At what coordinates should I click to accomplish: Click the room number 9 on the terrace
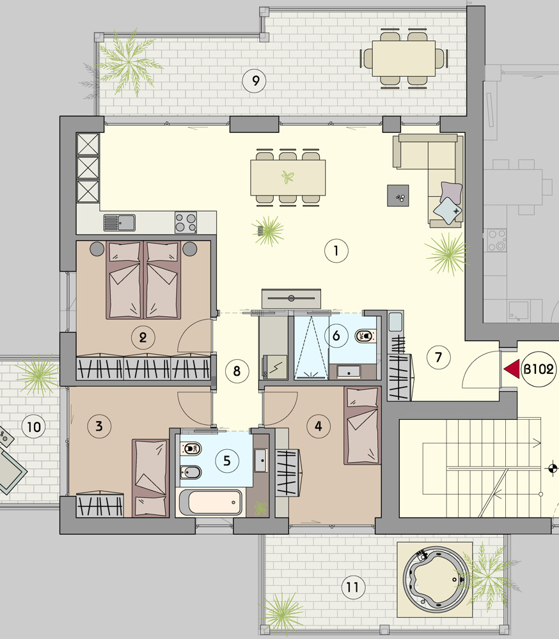coord(254,81)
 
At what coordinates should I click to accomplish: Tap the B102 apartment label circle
coord(539,369)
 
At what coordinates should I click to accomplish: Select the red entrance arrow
coord(512,369)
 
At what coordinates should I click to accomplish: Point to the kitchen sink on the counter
coord(119,222)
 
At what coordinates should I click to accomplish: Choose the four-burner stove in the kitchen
coord(185,222)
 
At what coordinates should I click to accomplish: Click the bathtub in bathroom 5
coord(210,502)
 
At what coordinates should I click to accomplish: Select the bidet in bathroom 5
coord(191,473)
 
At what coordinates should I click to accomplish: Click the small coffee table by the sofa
coord(398,196)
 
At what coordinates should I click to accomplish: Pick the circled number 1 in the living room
coord(336,250)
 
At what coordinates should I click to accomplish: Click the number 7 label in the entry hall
coord(438,357)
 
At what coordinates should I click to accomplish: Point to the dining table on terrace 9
coord(404,58)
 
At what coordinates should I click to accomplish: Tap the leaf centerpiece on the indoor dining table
coord(288,177)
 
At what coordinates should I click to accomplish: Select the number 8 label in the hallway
coord(237,371)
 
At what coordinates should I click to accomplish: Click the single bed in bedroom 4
coord(362,426)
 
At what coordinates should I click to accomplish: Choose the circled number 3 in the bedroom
coord(99,426)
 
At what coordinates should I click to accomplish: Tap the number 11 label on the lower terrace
coord(352,588)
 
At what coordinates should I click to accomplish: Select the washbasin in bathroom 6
coord(349,372)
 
